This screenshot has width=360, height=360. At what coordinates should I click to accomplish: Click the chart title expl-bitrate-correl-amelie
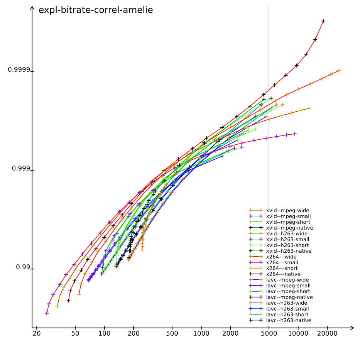(96, 10)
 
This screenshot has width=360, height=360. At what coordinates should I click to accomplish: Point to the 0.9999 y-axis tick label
(19, 70)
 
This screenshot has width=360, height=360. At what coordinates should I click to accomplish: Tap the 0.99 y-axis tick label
(23, 267)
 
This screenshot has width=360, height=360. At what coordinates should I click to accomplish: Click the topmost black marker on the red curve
(323, 21)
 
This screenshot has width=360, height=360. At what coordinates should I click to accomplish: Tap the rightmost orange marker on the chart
(339, 71)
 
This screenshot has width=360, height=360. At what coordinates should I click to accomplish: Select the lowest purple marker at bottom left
(47, 313)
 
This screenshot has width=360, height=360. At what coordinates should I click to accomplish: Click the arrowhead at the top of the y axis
(32, 7)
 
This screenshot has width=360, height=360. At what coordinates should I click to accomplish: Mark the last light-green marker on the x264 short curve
(309, 108)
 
